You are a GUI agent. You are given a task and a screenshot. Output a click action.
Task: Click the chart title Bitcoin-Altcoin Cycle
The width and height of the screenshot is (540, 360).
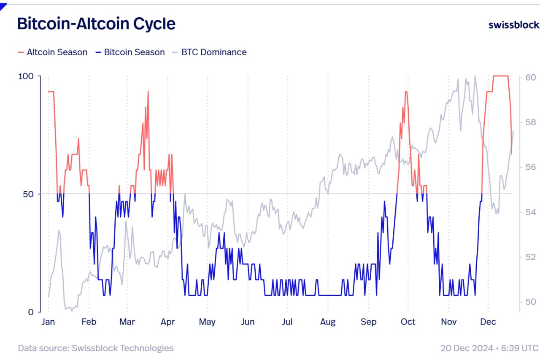coord(96,24)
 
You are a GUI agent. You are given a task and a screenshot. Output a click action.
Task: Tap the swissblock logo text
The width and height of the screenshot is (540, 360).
coord(513,24)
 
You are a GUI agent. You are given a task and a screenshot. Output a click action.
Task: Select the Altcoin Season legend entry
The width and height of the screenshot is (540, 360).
coord(57,52)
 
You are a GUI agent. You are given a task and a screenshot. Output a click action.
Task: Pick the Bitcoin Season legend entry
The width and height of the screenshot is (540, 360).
coord(134,52)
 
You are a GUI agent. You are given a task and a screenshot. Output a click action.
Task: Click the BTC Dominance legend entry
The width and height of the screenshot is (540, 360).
coord(213,52)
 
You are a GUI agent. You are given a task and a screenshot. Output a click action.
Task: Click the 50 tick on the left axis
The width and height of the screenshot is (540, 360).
coord(30,194)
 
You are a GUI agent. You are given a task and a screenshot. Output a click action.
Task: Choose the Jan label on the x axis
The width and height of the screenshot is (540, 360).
coord(48,322)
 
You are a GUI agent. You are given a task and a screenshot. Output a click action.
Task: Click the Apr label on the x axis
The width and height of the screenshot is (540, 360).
coord(168,322)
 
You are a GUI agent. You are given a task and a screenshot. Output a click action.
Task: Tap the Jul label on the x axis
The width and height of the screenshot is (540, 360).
coord(287,322)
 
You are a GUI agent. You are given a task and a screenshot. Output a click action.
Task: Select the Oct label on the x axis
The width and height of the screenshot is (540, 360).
coord(408,322)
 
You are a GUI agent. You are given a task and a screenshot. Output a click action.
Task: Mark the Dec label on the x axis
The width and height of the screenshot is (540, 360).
coord(488,322)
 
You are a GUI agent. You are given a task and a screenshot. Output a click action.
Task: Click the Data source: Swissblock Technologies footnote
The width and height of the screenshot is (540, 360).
coord(96,348)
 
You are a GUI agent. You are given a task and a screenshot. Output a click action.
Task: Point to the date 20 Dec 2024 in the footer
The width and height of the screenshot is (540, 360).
coord(467,348)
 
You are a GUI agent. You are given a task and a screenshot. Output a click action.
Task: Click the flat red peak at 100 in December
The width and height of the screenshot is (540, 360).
coord(500,76)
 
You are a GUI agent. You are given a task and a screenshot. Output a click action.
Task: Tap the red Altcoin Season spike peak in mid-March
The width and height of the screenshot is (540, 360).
coord(148,92)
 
